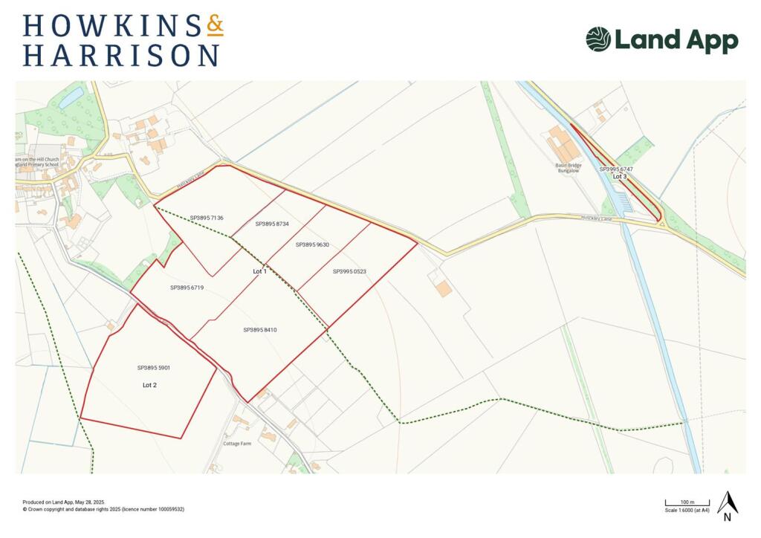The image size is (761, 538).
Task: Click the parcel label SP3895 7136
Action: [207, 218]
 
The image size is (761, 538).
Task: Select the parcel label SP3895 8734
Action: [272, 224]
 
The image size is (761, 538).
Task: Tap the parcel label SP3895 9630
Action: [312, 244]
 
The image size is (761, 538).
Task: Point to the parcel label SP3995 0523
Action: [349, 271]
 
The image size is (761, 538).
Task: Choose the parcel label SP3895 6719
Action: [187, 288]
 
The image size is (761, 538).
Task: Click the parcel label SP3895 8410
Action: [260, 329]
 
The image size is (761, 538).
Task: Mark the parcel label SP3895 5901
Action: [154, 368]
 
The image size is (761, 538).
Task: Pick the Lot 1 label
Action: [259, 272]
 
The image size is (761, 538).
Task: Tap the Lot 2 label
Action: [149, 385]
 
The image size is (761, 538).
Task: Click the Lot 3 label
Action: [620, 177]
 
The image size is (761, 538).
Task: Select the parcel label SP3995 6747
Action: [616, 169]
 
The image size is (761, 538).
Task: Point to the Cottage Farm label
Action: [237, 444]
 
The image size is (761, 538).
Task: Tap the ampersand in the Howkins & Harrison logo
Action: [215, 26]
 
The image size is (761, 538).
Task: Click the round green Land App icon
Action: [598, 39]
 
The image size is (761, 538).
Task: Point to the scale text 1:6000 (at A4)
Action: [687, 510]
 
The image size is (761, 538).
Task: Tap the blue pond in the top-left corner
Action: [71, 97]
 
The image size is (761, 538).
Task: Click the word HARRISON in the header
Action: [120, 56]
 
